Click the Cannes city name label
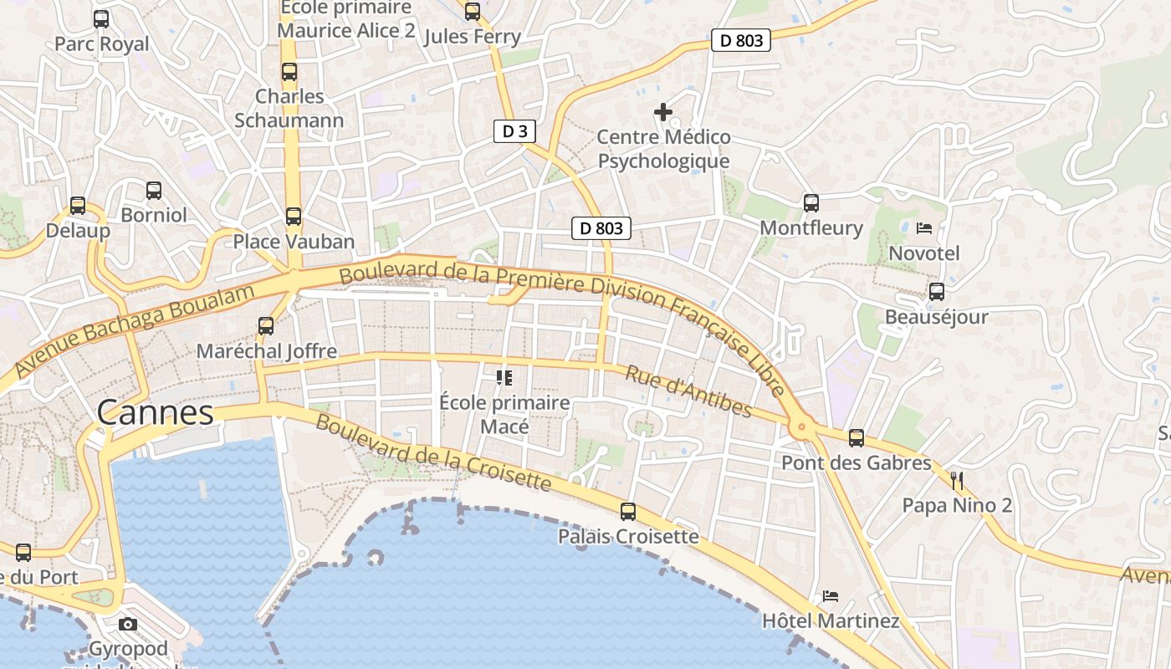point(155,412)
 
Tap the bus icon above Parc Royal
point(101,18)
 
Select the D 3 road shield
point(514,131)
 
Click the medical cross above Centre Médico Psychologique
point(663,111)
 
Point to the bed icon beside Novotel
point(924,227)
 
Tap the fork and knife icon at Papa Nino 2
point(958,480)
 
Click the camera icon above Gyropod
point(128,624)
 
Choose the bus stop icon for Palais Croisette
point(628,511)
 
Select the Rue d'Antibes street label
point(688,391)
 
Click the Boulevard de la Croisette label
point(433,452)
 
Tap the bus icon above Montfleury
point(810,202)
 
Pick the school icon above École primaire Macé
point(504,377)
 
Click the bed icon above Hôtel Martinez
point(831,596)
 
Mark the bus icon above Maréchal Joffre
point(266,326)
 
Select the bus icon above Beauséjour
point(937,292)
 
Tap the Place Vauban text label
point(294,242)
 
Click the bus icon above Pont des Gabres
point(856,437)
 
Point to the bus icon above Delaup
point(78,205)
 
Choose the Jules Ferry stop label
point(473,37)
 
